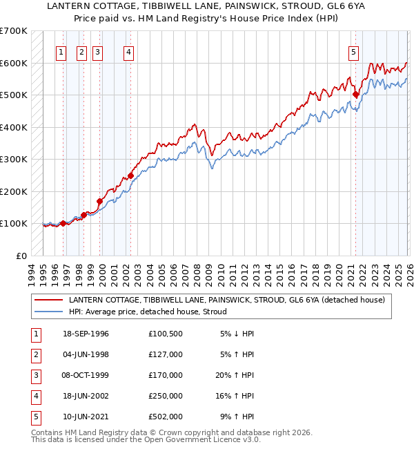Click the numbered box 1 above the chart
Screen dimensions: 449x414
61,51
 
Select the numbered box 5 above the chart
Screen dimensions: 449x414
353,51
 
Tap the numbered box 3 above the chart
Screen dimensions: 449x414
97,51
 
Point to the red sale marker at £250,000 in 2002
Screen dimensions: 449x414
130,176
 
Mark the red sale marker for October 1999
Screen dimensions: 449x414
99,202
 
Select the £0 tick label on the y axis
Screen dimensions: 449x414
20,256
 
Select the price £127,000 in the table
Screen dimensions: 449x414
165,354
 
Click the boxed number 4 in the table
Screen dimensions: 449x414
34,396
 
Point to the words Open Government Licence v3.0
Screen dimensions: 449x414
205,439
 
